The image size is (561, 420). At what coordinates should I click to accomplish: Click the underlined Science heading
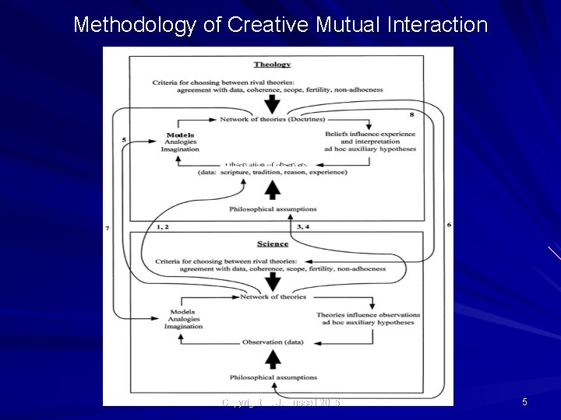click(x=272, y=243)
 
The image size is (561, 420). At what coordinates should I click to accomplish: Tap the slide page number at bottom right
click(x=524, y=401)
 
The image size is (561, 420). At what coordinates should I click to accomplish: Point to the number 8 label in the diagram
click(x=411, y=114)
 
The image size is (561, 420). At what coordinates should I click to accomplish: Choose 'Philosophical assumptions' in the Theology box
click(x=272, y=208)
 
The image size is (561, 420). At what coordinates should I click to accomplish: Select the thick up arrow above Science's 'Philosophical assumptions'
click(x=272, y=359)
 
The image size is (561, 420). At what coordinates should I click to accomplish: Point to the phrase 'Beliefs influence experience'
click(x=370, y=135)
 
